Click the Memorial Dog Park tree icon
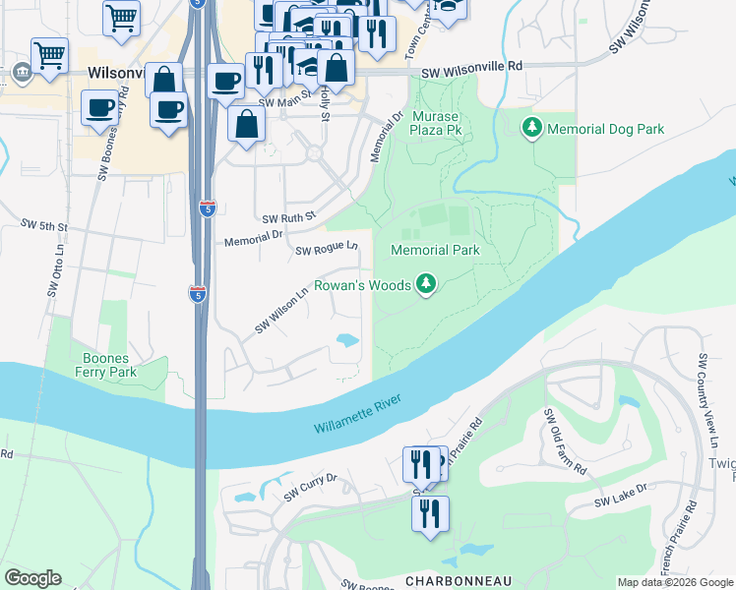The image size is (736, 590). coord(532,129)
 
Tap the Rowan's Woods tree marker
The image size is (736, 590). coord(425,285)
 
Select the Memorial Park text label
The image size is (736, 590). coord(435,250)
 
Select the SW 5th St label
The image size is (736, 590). coord(44,226)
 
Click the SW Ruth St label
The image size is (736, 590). coord(287,217)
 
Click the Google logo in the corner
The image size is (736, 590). coord(32,578)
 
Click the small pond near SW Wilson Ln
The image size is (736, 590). coord(347,341)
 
